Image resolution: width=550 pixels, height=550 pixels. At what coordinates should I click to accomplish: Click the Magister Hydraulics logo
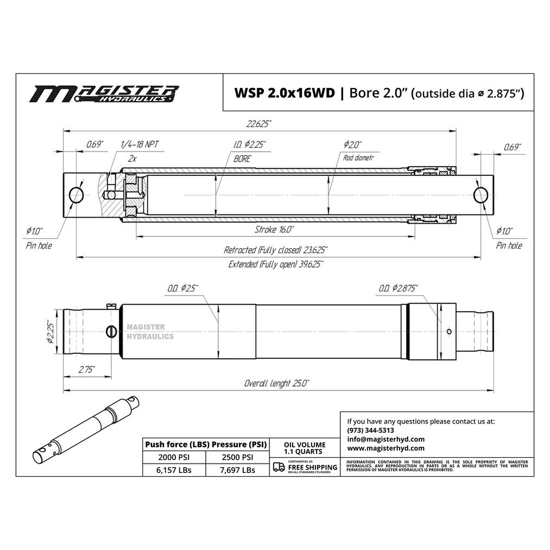(104, 94)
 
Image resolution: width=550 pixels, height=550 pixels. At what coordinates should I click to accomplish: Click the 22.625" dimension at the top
(258, 124)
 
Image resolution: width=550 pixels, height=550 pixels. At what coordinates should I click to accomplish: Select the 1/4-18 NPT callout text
(139, 145)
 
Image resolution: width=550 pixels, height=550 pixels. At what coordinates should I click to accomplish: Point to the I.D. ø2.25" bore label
(250, 145)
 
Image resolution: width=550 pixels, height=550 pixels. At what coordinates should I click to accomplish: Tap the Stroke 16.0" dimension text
(274, 229)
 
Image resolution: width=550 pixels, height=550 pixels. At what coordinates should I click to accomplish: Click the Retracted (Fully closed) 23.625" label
(276, 250)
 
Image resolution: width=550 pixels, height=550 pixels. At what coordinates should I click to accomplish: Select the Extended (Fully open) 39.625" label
(276, 265)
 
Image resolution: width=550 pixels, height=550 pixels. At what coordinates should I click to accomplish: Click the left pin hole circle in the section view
(76, 195)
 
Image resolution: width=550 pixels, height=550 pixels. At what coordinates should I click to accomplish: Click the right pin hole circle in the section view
(480, 195)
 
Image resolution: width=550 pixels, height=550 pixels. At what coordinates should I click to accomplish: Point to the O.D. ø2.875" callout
(398, 288)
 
